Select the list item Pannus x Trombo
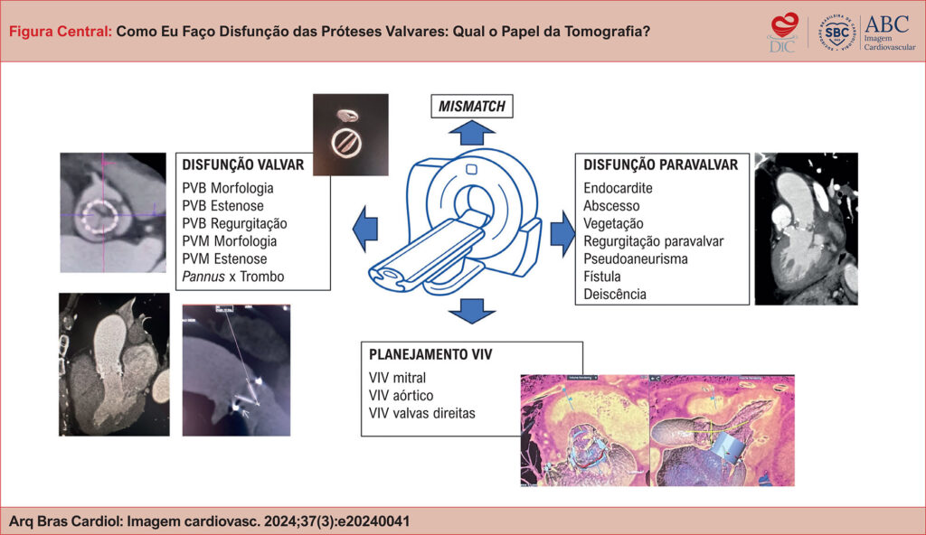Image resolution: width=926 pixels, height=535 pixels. click(x=232, y=277)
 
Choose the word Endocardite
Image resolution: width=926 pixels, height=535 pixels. click(x=618, y=189)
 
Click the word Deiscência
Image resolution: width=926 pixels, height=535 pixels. click(x=615, y=295)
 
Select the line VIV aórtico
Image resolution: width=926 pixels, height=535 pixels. click(x=401, y=396)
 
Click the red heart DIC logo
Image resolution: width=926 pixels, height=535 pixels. click(x=781, y=31)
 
